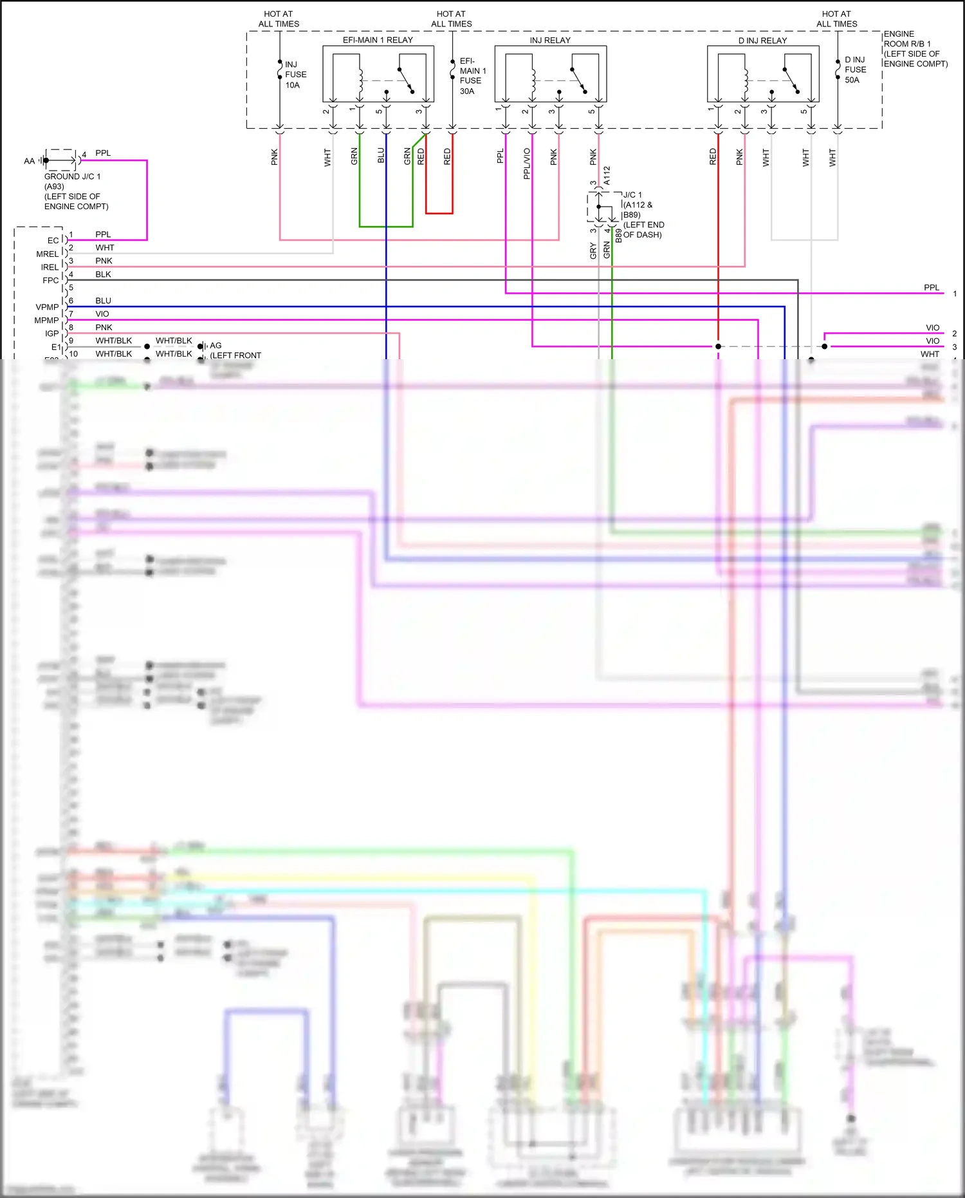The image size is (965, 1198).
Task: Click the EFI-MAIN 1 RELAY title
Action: pyautogui.click(x=378, y=40)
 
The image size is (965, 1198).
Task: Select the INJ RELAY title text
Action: pyautogui.click(x=550, y=40)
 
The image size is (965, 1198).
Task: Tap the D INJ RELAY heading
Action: pyautogui.click(x=762, y=41)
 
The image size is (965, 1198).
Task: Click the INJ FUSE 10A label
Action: pyautogui.click(x=295, y=75)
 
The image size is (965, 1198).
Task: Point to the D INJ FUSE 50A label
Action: pyautogui.click(x=855, y=70)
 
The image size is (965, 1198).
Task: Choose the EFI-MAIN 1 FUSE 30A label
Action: pyautogui.click(x=472, y=76)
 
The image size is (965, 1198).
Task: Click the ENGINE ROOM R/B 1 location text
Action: pyautogui.click(x=915, y=49)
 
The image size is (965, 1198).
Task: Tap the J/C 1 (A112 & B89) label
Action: pyautogui.click(x=643, y=214)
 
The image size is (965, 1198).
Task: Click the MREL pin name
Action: pyautogui.click(x=47, y=254)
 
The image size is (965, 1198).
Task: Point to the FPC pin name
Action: pyautogui.click(x=50, y=281)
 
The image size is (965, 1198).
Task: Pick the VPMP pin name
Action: pyautogui.click(x=47, y=307)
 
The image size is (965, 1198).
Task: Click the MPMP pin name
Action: pyautogui.click(x=46, y=321)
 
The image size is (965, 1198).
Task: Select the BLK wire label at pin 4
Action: pyautogui.click(x=103, y=274)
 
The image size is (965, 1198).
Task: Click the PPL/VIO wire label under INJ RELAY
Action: pyautogui.click(x=527, y=164)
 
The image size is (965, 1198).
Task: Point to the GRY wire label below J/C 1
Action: pyautogui.click(x=593, y=251)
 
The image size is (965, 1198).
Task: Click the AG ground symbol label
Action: pyautogui.click(x=216, y=346)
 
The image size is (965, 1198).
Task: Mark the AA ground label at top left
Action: pyautogui.click(x=29, y=161)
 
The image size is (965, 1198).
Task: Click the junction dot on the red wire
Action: pyautogui.click(x=718, y=346)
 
